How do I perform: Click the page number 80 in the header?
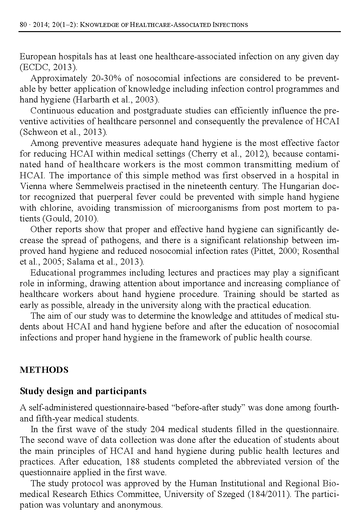point(23,25)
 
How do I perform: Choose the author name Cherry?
point(200,154)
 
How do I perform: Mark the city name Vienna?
point(32,186)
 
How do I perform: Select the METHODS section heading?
point(44,370)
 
